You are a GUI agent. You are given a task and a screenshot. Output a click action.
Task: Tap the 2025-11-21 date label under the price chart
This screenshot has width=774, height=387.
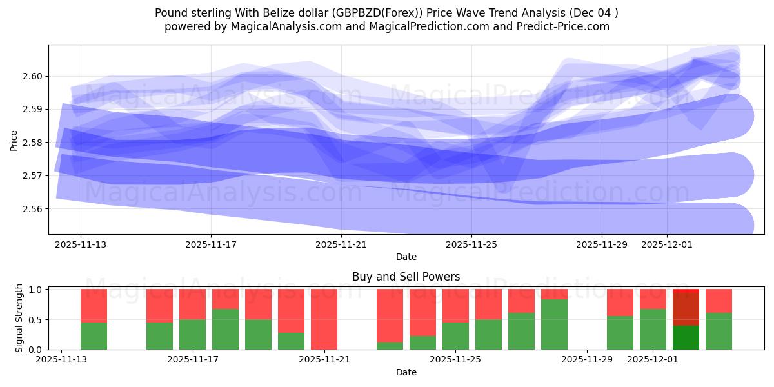[x=341, y=244]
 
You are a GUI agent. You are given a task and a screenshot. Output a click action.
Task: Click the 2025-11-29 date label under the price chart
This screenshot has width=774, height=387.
[x=602, y=244]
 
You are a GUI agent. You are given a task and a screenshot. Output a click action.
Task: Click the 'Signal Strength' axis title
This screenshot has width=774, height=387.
[x=19, y=318]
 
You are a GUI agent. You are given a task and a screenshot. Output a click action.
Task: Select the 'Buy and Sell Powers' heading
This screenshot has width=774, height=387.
[x=406, y=277]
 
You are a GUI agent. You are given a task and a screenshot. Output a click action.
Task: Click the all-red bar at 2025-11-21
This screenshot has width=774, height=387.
[x=324, y=319]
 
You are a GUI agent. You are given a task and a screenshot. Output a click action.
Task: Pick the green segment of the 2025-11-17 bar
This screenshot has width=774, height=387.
[x=192, y=334]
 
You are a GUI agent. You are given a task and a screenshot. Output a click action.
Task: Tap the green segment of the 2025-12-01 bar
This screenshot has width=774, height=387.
[x=653, y=329]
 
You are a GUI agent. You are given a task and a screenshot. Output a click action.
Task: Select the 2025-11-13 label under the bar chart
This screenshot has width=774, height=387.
[x=61, y=360]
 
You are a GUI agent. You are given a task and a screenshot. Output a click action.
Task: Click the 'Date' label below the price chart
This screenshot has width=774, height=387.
[x=406, y=257]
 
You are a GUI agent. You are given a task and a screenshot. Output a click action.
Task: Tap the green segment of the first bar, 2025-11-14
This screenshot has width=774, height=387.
[x=94, y=335]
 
